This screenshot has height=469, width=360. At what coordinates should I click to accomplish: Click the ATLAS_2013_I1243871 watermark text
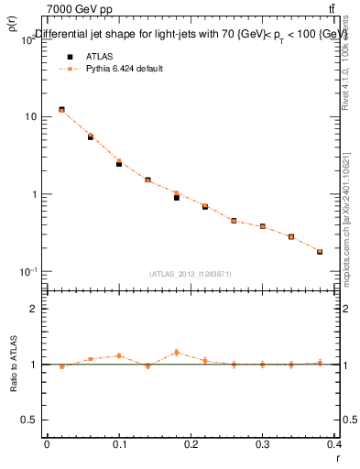click(x=191, y=274)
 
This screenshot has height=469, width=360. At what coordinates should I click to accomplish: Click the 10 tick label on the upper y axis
click(x=31, y=117)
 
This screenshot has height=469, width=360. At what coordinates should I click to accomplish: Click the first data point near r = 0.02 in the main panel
click(x=61, y=110)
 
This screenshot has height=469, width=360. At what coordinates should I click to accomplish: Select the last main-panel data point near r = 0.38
click(x=320, y=251)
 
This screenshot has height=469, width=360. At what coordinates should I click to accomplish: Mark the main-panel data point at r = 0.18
click(x=177, y=196)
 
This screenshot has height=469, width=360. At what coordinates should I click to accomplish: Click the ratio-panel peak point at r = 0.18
click(x=177, y=353)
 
